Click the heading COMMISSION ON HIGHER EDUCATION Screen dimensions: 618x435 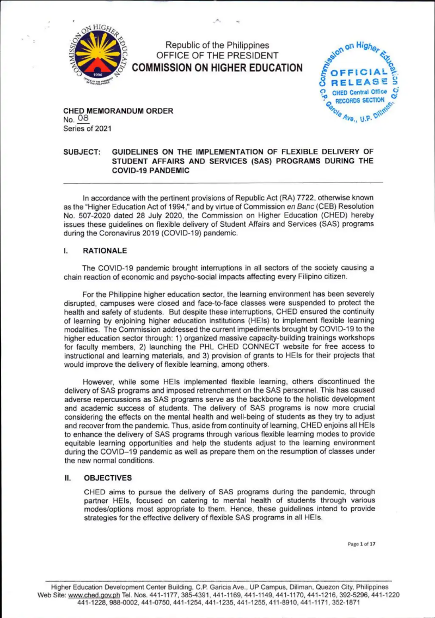pyautogui.click(x=217, y=68)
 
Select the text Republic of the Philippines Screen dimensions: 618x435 pyautogui.click(x=217, y=45)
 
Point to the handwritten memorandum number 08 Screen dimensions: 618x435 pyautogui.click(x=83, y=119)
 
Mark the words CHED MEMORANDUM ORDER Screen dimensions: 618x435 pyautogui.click(x=119, y=111)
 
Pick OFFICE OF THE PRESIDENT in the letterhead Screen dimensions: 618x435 pyautogui.click(x=217, y=56)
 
